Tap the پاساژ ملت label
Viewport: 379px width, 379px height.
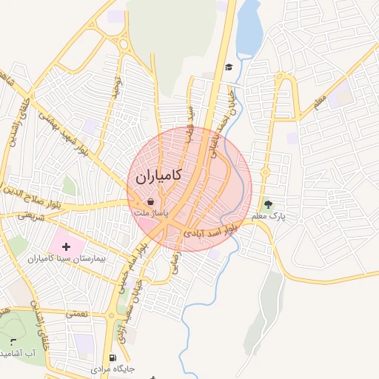click(x=151, y=213)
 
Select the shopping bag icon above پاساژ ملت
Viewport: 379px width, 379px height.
click(x=151, y=201)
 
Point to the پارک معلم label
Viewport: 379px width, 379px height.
click(x=268, y=216)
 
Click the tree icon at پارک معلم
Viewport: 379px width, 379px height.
click(x=268, y=204)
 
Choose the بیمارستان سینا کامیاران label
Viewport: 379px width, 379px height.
click(x=67, y=259)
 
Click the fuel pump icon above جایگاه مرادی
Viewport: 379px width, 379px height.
click(x=113, y=357)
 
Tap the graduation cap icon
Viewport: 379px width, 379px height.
click(x=229, y=67)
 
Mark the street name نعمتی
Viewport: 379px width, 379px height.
click(x=76, y=315)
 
